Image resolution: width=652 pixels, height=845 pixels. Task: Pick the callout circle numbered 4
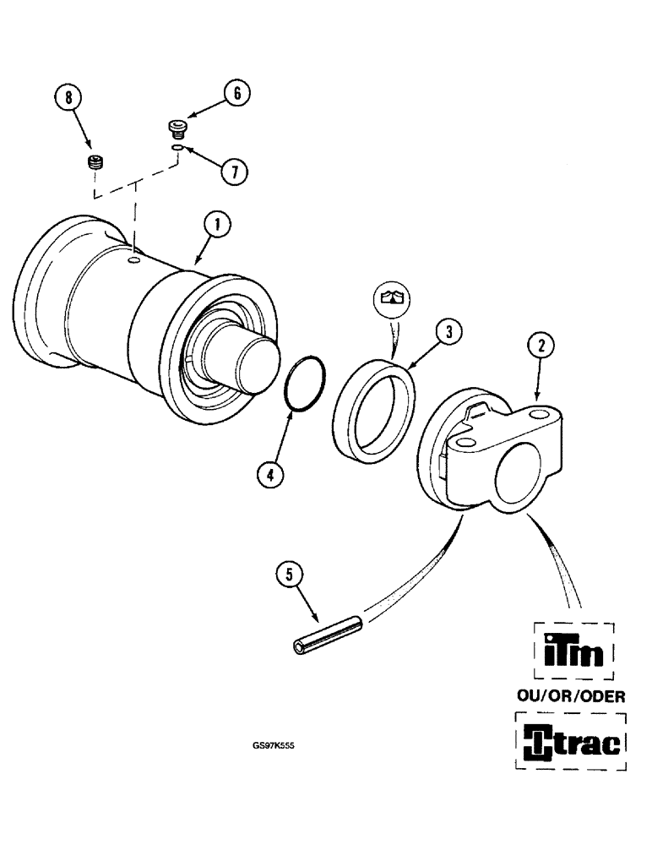269,475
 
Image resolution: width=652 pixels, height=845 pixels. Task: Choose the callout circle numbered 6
236,94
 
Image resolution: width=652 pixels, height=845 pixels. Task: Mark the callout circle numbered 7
236,172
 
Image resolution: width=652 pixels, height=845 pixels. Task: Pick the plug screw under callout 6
176,128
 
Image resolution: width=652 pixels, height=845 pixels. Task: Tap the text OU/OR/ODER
571,696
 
